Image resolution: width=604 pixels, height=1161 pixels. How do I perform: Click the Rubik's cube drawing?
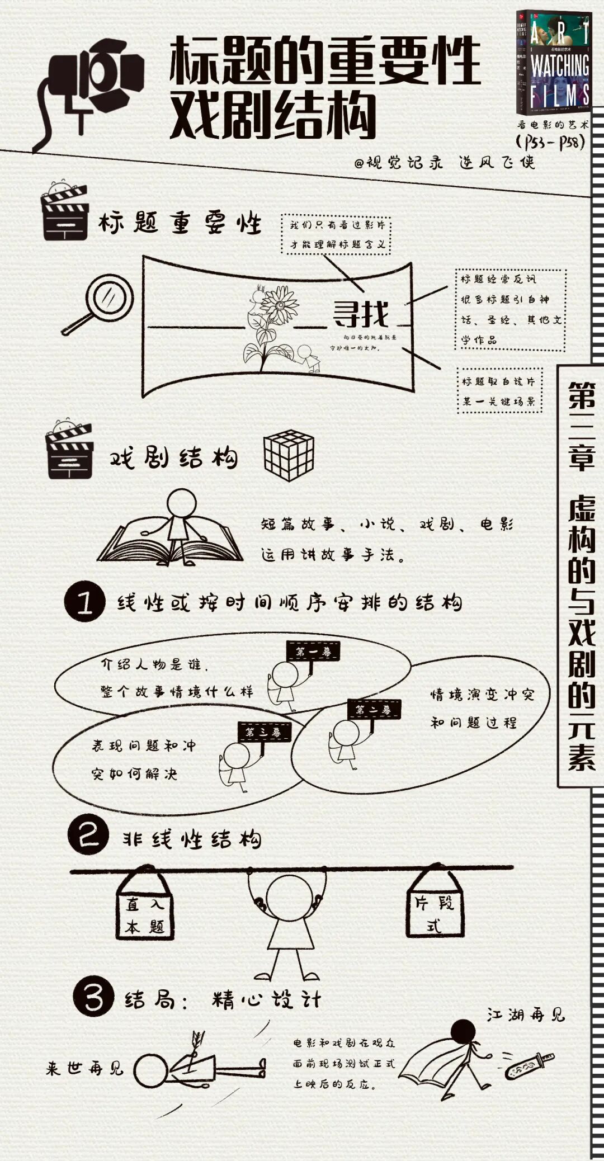289,456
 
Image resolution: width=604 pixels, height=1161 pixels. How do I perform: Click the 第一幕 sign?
313,651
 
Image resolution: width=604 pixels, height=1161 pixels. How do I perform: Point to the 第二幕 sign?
374,710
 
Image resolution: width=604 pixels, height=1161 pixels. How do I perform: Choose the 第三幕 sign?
265,731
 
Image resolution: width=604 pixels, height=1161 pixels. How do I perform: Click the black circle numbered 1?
84,602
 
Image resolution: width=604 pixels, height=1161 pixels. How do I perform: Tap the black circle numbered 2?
88,836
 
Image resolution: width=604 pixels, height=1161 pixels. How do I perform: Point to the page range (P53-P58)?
551,142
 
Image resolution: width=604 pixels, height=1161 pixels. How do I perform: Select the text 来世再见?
84,1069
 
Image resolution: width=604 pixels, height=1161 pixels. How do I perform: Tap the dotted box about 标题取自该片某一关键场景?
499,390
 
